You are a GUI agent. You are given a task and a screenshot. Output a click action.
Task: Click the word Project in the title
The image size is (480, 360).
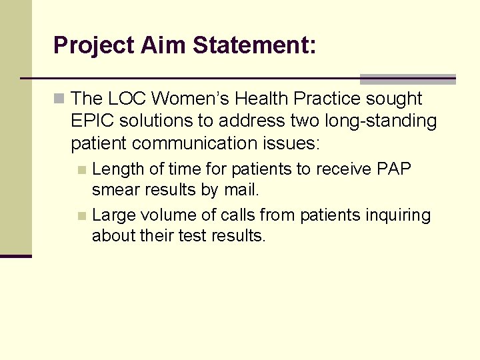coord(94,46)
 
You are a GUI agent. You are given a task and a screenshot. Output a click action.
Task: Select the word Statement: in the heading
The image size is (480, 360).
coord(255,46)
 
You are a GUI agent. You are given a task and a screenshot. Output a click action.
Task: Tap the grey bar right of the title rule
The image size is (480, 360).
coord(407,79)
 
